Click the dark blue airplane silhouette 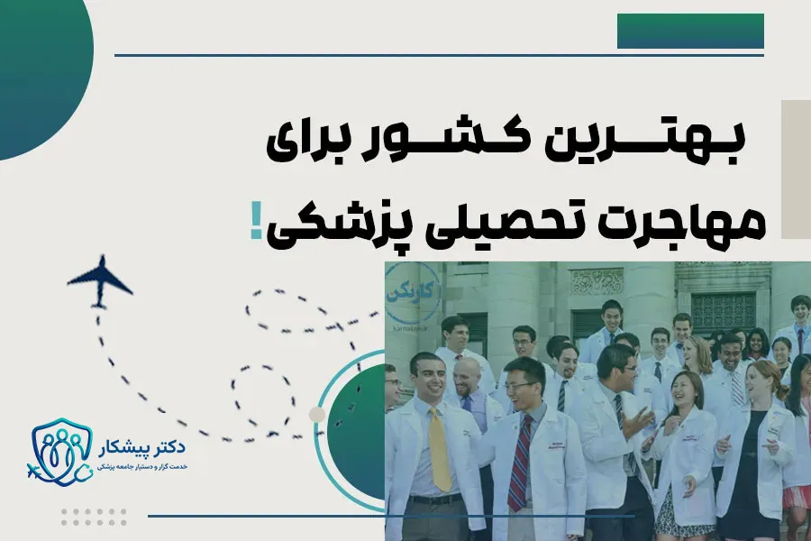[x=99, y=280]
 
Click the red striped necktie [x=520, y=461]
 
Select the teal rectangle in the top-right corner [x=690, y=31]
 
